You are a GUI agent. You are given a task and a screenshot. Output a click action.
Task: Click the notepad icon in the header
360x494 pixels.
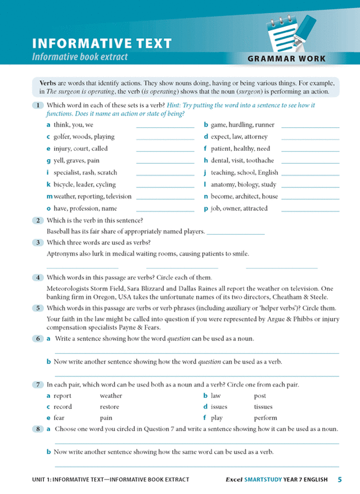285,31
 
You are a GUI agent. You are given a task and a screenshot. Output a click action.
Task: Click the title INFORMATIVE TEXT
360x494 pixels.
102,43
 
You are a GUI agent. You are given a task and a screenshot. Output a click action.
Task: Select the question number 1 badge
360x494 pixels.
37,105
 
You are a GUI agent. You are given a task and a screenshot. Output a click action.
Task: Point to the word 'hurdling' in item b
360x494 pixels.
240,125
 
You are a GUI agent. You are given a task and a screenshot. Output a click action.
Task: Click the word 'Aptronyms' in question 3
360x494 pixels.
62,254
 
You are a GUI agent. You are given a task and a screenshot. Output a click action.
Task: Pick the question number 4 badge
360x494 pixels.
37,277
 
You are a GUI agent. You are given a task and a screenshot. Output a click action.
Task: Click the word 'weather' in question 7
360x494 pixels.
111,396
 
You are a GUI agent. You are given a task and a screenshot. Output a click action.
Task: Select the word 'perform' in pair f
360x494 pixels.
265,418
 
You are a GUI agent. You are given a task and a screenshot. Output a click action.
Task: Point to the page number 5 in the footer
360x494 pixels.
340,480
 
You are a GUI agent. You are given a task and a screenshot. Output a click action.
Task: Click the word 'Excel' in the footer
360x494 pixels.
234,480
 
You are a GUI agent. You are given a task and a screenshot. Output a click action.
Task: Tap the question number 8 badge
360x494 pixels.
37,429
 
